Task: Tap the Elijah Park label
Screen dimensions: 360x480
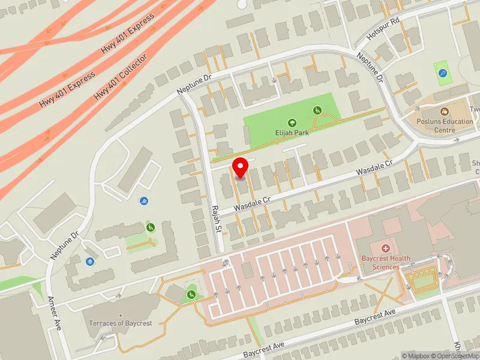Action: (293, 133)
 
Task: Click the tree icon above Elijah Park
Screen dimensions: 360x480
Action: (293, 122)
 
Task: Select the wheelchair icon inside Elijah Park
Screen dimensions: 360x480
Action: (317, 110)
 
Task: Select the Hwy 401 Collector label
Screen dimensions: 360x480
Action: (121, 77)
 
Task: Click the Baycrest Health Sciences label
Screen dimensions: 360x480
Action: (386, 262)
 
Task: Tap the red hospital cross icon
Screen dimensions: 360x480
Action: (386, 248)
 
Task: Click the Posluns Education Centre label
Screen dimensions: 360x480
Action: (445, 125)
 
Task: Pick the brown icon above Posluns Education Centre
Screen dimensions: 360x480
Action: (445, 112)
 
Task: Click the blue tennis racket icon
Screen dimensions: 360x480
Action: (443, 74)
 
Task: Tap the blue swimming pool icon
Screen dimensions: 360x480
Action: (143, 200)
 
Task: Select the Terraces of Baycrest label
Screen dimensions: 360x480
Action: (121, 323)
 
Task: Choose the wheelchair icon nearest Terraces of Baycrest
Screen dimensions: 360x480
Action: (191, 294)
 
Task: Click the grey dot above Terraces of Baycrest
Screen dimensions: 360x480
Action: (121, 315)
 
